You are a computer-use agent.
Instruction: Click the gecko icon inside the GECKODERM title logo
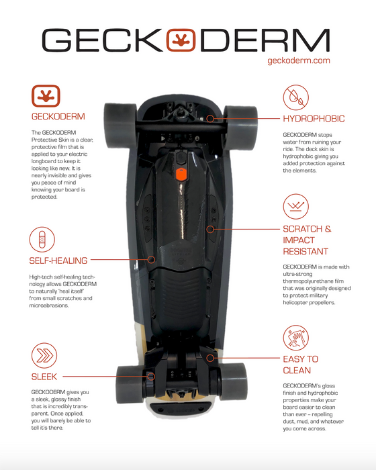pos(181,40)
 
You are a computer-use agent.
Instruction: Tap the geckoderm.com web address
pos(299,60)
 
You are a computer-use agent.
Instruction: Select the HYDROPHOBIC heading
pos(314,119)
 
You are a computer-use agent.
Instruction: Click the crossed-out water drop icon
pos(295,97)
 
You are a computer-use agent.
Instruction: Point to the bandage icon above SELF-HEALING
pos(42,239)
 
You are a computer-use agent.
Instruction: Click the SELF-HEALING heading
pos(58,261)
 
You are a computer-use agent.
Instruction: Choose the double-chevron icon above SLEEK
pos(44,355)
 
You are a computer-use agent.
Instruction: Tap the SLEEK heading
pos(44,377)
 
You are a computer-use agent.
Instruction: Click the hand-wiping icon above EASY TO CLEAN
pos(295,338)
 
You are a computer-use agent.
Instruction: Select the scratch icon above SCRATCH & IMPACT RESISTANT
pos(295,207)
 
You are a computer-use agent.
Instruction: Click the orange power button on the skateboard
pos(181,175)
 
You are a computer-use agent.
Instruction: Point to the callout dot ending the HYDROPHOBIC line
pos(210,119)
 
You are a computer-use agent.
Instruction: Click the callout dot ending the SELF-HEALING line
pos(152,260)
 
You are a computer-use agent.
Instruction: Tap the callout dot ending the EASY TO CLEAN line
pos(210,358)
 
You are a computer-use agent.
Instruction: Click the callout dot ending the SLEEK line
pos(152,377)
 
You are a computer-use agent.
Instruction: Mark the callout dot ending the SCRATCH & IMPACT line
pos(210,230)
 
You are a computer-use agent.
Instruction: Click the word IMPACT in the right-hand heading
pos(299,240)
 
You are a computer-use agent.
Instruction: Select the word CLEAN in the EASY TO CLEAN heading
pos(297,371)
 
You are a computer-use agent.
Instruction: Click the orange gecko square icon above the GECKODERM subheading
pos(46,96)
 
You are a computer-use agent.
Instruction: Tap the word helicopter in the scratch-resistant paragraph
pos(295,303)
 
